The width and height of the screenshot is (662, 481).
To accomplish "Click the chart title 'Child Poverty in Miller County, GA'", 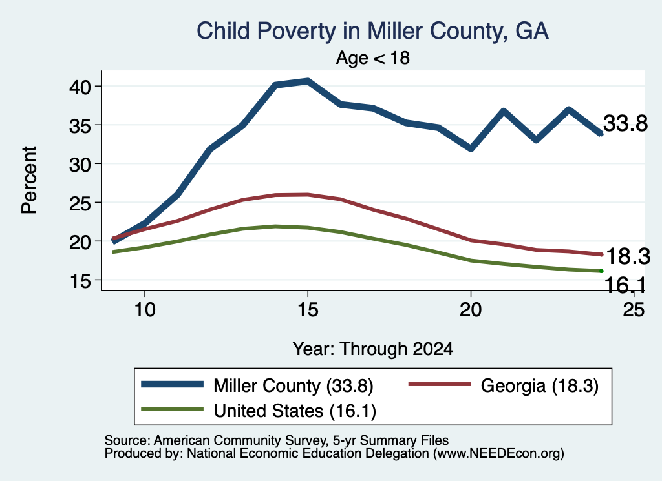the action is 373,32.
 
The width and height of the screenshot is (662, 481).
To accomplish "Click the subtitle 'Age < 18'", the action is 373,57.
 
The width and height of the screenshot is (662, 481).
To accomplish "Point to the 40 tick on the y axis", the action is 80,87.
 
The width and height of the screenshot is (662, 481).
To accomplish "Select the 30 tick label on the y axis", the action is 80,164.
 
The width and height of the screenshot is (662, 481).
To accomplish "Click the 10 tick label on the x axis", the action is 145,310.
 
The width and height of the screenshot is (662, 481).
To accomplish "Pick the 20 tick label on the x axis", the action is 471,310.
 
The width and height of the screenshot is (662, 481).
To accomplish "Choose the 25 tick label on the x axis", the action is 634,310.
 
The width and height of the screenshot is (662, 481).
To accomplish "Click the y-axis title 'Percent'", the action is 30,180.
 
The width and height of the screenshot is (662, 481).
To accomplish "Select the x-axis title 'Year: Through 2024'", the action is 373,349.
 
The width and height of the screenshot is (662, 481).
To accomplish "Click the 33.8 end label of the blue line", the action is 625,123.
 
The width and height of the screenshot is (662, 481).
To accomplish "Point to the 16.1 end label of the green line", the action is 625,285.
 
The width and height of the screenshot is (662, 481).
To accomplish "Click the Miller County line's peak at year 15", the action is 308,81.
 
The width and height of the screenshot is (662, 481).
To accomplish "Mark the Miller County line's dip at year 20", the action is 471,148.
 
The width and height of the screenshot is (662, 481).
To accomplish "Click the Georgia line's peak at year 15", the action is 308,194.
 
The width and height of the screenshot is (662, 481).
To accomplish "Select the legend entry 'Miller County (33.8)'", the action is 257,385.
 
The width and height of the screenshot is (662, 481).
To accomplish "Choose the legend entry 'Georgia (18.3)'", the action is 503,385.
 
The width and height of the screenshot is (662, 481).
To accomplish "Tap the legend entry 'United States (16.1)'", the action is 259,411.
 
